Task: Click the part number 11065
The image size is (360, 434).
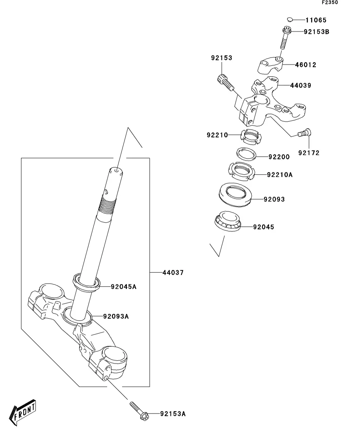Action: click(x=316, y=20)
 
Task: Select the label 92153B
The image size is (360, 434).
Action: click(x=316, y=32)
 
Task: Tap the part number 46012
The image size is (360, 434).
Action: click(x=305, y=65)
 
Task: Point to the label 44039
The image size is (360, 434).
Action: click(x=301, y=85)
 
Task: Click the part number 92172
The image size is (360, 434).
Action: click(x=308, y=153)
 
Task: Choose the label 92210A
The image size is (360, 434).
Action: click(x=280, y=174)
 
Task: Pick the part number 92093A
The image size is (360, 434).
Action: click(x=116, y=316)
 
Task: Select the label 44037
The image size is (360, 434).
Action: click(x=173, y=272)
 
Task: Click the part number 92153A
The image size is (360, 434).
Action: click(x=173, y=414)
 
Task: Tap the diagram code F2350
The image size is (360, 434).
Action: click(x=330, y=3)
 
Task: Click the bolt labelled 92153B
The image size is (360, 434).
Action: click(x=284, y=39)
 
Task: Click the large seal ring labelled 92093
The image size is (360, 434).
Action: click(x=235, y=194)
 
